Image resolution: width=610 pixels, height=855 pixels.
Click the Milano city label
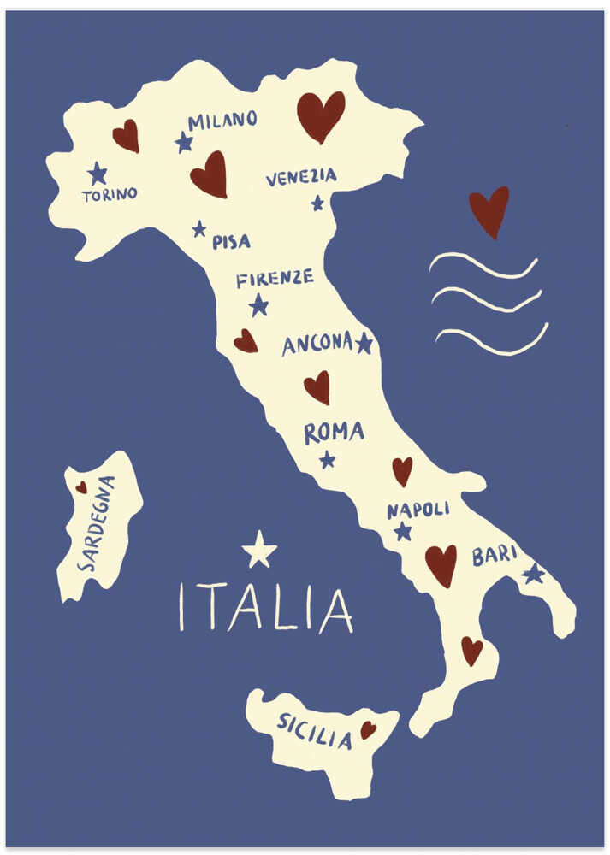(222, 121)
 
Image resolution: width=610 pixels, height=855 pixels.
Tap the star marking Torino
(98, 174)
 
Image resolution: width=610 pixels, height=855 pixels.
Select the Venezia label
(301, 177)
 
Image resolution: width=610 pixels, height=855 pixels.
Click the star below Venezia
(317, 203)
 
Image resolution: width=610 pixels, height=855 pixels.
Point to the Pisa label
(231, 242)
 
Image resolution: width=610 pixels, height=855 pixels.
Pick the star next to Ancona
(364, 343)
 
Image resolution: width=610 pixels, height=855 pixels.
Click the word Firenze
(275, 279)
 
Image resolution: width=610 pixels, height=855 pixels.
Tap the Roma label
(334, 433)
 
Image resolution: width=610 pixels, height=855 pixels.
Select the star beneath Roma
(327, 460)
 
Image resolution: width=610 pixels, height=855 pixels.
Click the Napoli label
(418, 510)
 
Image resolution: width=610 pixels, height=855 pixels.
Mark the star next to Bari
(534, 573)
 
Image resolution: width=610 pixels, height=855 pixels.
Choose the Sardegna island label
(96, 523)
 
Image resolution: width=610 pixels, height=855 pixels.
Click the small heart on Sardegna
(81, 487)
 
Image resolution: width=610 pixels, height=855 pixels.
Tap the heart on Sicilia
(368, 730)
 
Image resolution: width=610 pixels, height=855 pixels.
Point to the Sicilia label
(314, 731)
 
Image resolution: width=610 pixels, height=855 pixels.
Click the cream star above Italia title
(259, 550)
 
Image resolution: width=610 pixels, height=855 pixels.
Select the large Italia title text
(265, 609)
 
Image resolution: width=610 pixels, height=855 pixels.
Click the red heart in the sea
(489, 210)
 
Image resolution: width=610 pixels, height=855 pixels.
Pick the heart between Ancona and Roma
(317, 386)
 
